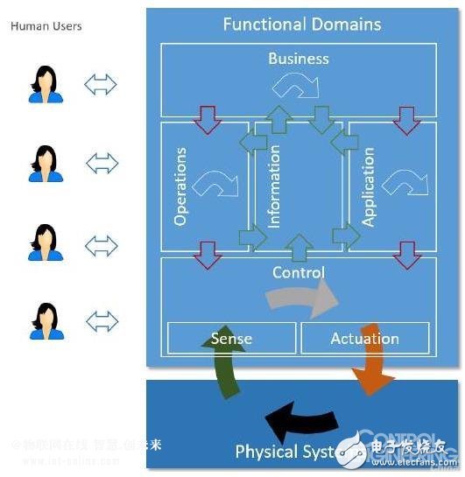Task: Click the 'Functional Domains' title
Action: pos(302,24)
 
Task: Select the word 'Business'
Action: pos(299,59)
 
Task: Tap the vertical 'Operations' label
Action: pos(181,186)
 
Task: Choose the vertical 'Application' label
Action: pos(369,186)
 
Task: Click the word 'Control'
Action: pos(299,272)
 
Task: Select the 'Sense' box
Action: pos(231,338)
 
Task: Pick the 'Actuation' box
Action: pos(365,338)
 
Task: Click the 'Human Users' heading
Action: pos(46,26)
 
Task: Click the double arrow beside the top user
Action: pos(101,85)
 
